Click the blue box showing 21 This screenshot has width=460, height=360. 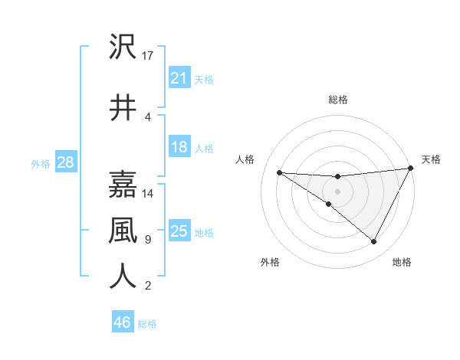pyautogui.click(x=179, y=78)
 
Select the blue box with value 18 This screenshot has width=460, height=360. pyautogui.click(x=179, y=148)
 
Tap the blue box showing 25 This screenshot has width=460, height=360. pyautogui.click(x=179, y=232)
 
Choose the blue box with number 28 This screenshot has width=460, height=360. pyautogui.click(x=65, y=163)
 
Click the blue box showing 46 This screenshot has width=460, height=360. pyautogui.click(x=122, y=322)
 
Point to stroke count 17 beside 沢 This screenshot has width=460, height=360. pyautogui.click(x=149, y=55)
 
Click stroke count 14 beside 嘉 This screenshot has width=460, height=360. pyautogui.click(x=149, y=193)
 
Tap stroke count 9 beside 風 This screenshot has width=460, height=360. pyautogui.click(x=148, y=240)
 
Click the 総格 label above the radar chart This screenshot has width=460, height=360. pyautogui.click(x=338, y=100)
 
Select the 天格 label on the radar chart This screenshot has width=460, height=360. pyautogui.click(x=431, y=159)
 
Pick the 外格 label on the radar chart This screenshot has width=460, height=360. pyautogui.click(x=270, y=262)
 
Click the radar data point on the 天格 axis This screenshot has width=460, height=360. pyautogui.click(x=411, y=169)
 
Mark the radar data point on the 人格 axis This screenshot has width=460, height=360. pyautogui.click(x=279, y=172)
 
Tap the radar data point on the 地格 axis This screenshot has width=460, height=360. pyautogui.click(x=374, y=242)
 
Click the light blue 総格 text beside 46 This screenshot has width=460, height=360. pyautogui.click(x=148, y=324)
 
